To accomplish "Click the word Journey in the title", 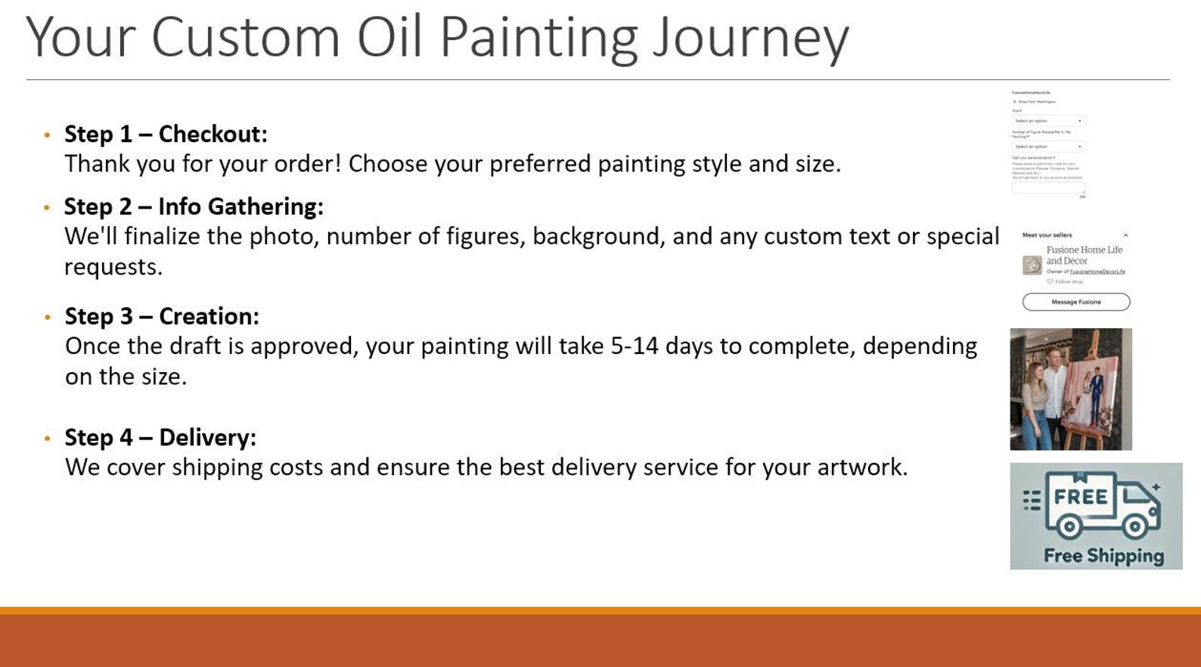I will [x=750, y=38].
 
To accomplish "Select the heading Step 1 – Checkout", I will [x=166, y=134].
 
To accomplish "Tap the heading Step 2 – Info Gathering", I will [x=194, y=206].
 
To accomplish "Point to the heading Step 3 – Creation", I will [x=162, y=316].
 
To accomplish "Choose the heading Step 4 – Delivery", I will [x=160, y=437].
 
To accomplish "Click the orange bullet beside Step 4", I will [x=47, y=439].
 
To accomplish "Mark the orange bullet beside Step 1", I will [x=47, y=135].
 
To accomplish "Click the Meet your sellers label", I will [x=1047, y=235].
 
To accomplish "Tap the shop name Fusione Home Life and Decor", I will [x=1084, y=255].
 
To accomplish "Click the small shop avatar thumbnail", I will [x=1032, y=265].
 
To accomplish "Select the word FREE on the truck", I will [x=1081, y=497].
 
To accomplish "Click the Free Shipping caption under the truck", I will [x=1103, y=556].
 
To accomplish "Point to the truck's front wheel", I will [x=1136, y=526].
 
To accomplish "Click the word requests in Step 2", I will [x=112, y=268].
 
